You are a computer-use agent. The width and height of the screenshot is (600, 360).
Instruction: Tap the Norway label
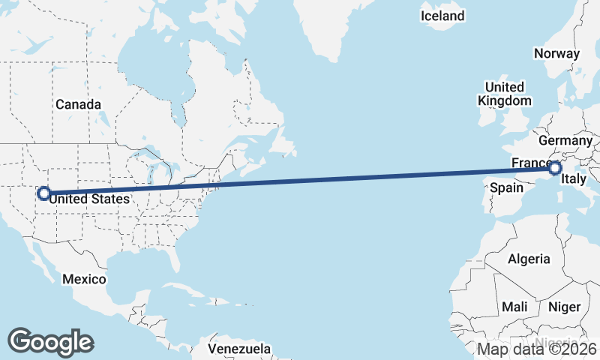556,53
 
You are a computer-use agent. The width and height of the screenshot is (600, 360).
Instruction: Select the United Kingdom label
505,94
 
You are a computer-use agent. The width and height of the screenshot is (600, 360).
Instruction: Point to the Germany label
565,140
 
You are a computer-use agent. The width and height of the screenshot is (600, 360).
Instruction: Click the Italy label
574,180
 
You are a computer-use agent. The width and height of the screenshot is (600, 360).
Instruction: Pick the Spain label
506,188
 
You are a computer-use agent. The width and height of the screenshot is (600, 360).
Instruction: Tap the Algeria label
529,259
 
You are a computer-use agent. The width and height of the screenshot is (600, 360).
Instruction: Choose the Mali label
514,307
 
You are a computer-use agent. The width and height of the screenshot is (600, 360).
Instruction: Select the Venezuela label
239,349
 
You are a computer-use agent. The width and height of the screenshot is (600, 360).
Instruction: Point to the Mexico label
84,279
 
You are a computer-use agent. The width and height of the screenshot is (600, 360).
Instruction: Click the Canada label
78,104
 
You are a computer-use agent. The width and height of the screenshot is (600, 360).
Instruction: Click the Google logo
50,341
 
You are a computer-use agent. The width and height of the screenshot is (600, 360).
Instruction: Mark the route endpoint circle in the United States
43,193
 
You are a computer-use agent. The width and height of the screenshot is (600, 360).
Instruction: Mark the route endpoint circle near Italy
554,169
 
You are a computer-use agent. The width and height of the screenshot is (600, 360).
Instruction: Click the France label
530,163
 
